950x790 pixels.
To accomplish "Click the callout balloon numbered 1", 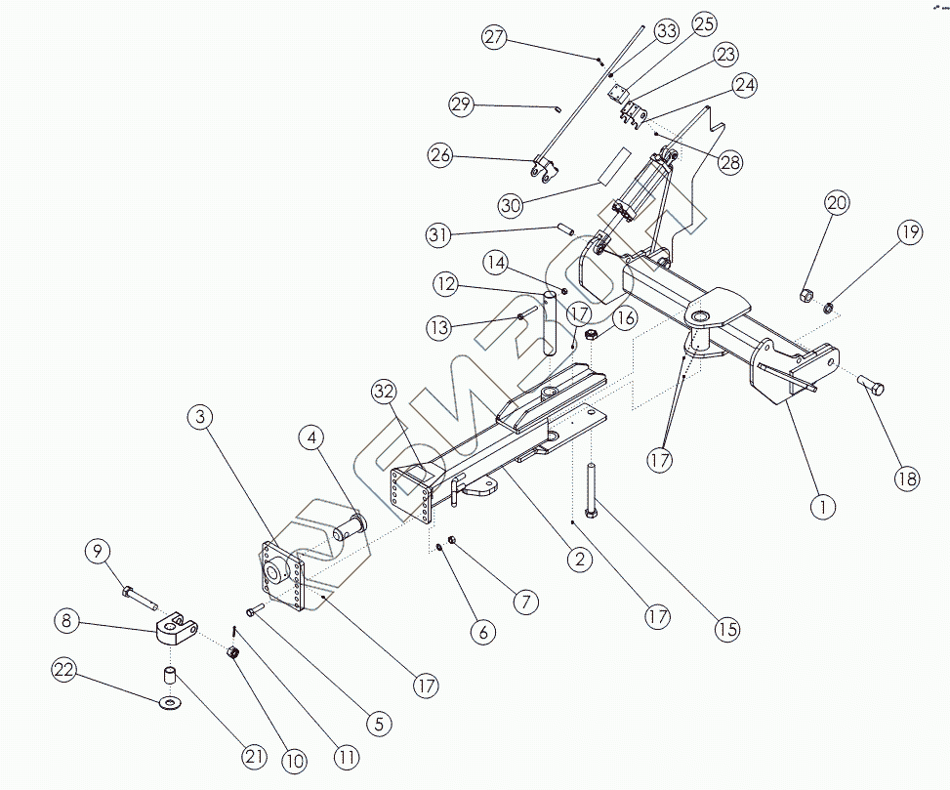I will click(824, 506).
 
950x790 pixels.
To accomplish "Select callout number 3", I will click(200, 418).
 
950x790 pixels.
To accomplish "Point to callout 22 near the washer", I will click(65, 670).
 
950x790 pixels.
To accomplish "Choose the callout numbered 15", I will click(725, 629).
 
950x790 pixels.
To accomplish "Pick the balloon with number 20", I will click(836, 204).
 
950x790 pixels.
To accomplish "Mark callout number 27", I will click(495, 38).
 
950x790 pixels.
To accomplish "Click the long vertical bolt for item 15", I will click(592, 489).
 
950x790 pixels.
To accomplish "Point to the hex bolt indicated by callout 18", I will click(871, 387).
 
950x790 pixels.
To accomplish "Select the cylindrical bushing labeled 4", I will click(349, 529).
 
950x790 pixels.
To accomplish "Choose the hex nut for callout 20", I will click(806, 295).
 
